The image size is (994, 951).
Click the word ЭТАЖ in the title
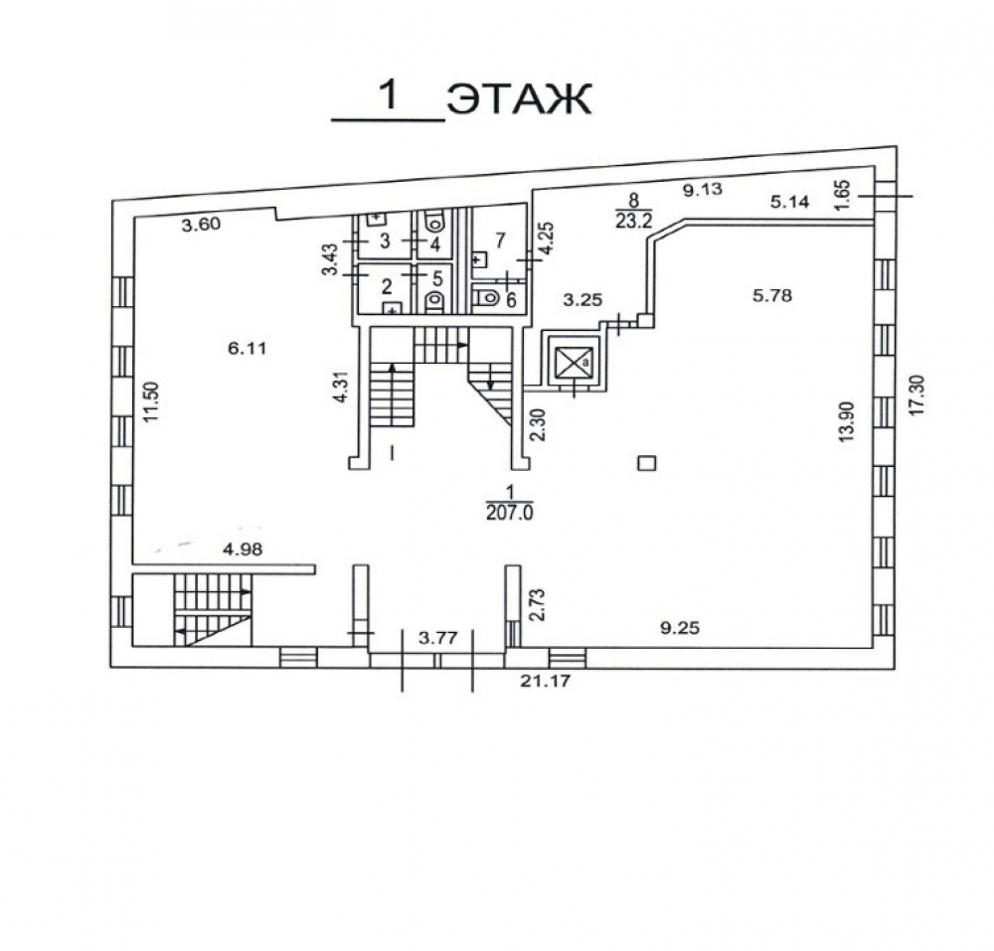pyautogui.click(x=519, y=99)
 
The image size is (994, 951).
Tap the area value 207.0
pyautogui.click(x=510, y=513)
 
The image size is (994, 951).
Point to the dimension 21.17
pyautogui.click(x=545, y=681)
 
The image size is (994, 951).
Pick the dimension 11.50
pyautogui.click(x=150, y=401)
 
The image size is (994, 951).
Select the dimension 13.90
pyautogui.click(x=848, y=421)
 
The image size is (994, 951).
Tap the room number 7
pyautogui.click(x=500, y=240)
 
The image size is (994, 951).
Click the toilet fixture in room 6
pyautogui.click(x=487, y=294)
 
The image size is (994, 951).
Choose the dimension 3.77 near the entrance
pyautogui.click(x=438, y=637)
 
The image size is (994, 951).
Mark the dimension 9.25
pyautogui.click(x=680, y=628)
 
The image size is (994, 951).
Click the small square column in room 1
pyautogui.click(x=647, y=463)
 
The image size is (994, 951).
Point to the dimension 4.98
pyautogui.click(x=243, y=550)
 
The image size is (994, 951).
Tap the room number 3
pyautogui.click(x=385, y=240)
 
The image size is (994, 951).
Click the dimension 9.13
pyautogui.click(x=703, y=188)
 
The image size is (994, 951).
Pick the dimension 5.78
pyautogui.click(x=772, y=294)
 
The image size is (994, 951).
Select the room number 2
pyautogui.click(x=386, y=286)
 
